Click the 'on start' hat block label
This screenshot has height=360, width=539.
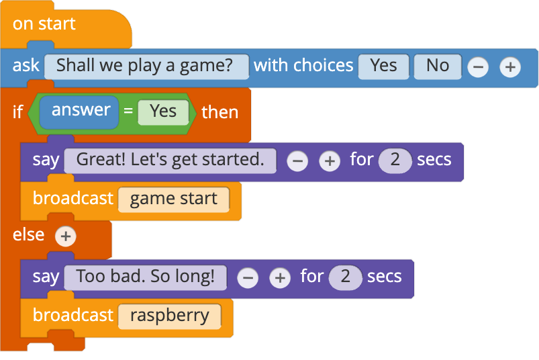point(44,24)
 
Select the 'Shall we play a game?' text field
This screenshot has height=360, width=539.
point(146,66)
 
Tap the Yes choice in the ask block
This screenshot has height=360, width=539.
point(384,66)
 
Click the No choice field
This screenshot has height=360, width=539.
point(438,66)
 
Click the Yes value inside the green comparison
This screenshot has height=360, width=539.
point(163,112)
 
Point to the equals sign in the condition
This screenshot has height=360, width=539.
point(128,111)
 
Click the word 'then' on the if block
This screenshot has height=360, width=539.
point(220,112)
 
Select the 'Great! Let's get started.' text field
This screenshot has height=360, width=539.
point(170,161)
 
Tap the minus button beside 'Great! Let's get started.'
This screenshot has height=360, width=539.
point(297,161)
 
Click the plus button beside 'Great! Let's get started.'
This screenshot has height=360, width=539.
point(330,161)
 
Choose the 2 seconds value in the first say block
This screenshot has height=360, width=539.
point(395,161)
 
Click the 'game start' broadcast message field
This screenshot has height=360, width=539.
point(174,199)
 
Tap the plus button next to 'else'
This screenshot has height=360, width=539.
point(66,236)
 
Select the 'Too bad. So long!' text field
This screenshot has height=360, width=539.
point(146,277)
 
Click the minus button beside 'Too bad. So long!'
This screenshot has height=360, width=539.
point(248,278)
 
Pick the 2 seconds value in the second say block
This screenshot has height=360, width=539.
point(345,277)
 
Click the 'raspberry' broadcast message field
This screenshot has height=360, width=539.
point(170,316)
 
